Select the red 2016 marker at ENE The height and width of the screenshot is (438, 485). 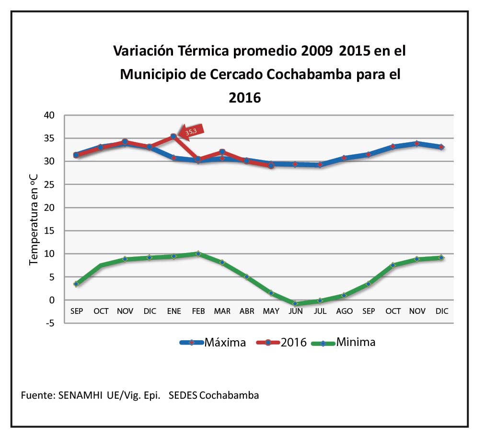[x=174, y=137]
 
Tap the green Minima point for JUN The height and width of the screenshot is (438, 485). [x=295, y=303]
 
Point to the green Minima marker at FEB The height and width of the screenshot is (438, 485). [x=198, y=254]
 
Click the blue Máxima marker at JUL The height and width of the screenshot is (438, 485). [x=320, y=165]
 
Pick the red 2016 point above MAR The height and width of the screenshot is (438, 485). [x=222, y=152]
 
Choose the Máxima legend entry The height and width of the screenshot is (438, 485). [x=213, y=342]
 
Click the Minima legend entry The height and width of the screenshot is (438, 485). [x=343, y=342]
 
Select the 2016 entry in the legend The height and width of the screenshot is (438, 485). [x=281, y=342]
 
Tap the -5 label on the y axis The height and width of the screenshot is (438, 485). [x=50, y=323]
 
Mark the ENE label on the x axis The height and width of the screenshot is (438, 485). [x=174, y=311]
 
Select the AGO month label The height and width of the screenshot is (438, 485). [x=344, y=311]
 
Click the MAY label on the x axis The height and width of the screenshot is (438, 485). [x=271, y=311]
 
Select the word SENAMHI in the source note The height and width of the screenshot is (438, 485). [x=80, y=396]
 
